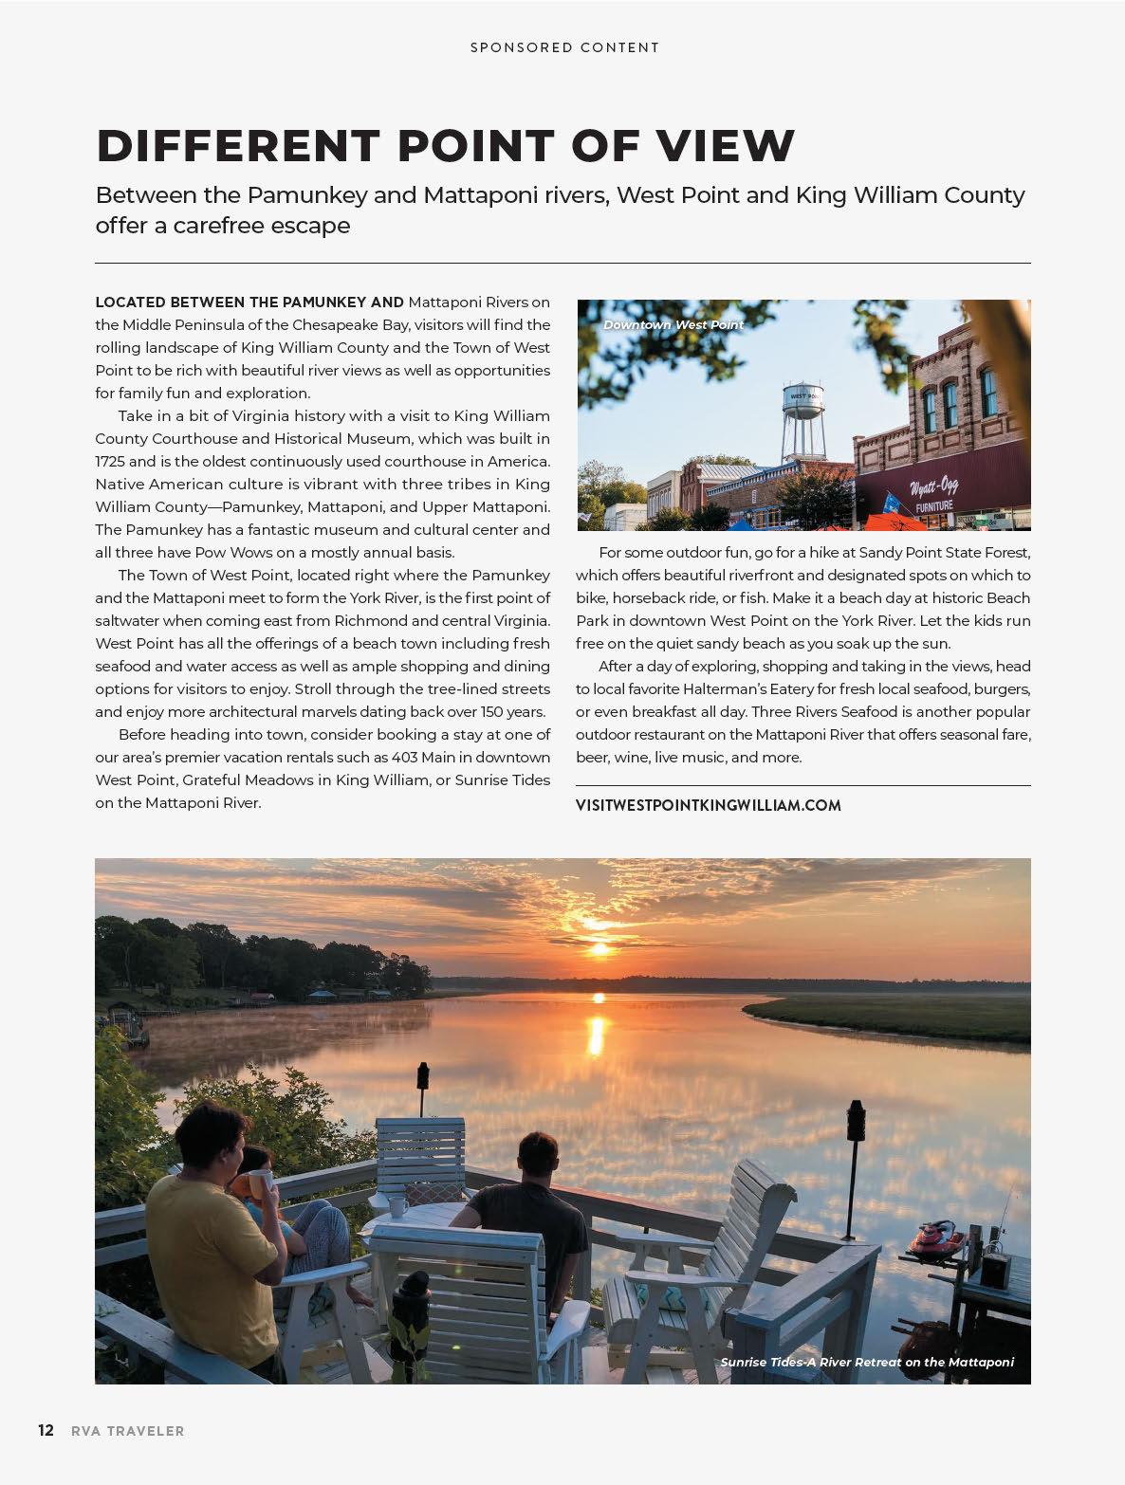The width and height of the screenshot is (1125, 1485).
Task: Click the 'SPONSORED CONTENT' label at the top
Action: point(564,47)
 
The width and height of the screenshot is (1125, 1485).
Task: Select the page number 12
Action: point(46,1430)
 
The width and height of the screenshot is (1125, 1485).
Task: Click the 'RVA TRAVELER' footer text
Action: point(128,1431)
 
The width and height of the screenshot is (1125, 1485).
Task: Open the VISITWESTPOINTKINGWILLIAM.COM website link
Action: point(708,805)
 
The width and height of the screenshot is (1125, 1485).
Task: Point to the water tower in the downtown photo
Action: point(802,417)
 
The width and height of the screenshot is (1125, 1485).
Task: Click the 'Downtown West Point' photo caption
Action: point(673,324)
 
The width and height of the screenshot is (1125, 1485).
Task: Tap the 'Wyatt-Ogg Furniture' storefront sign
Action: point(934,494)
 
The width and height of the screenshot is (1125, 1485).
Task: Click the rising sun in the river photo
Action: point(598,947)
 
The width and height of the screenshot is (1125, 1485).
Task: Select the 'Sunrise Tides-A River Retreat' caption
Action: point(866,1362)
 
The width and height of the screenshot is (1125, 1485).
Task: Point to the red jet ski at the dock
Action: point(936,1237)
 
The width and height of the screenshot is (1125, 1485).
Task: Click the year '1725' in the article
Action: point(110,461)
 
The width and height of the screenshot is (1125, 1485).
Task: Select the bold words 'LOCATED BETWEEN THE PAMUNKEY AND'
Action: point(249,302)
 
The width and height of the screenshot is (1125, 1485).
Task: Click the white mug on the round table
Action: point(397,1206)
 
